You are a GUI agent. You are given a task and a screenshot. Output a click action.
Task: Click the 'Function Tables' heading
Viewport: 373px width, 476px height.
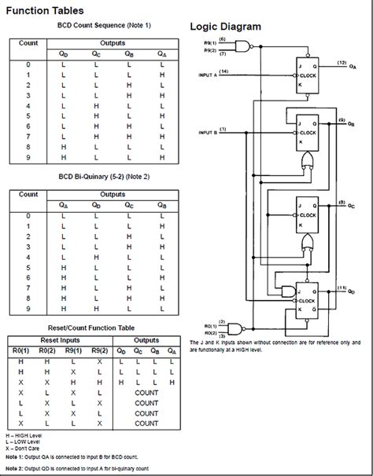[x=50, y=11]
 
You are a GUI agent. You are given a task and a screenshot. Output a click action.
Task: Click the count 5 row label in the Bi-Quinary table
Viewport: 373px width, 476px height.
[x=28, y=267]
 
